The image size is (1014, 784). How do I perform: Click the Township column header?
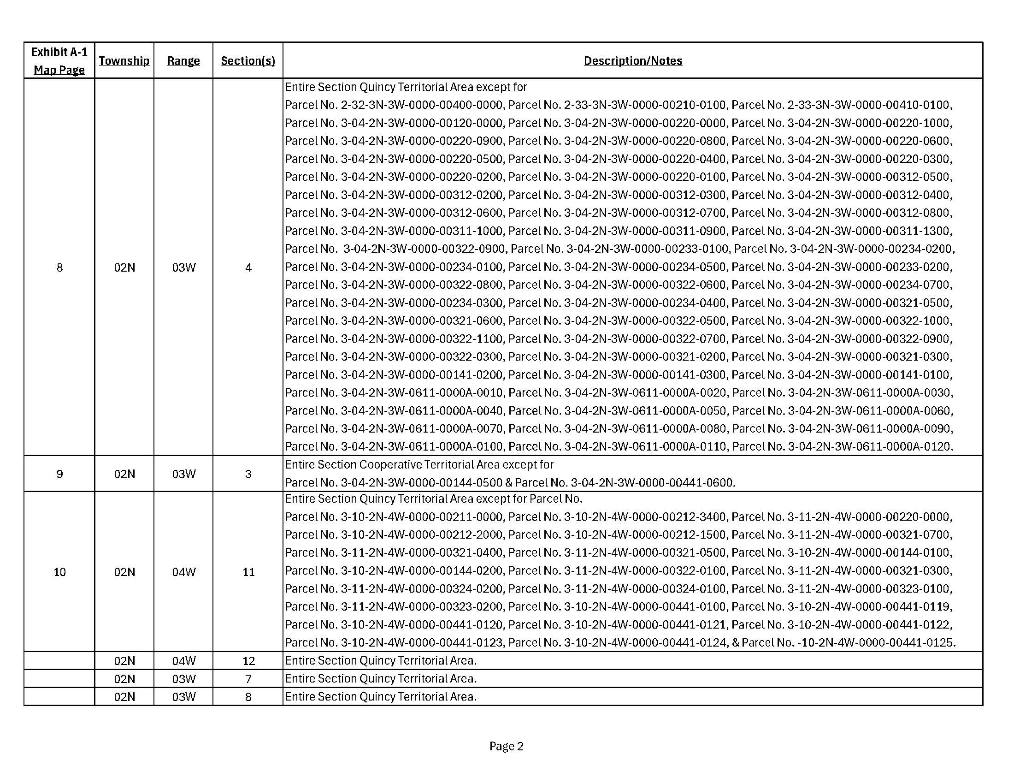tap(124, 61)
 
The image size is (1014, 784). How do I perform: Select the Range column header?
tap(183, 61)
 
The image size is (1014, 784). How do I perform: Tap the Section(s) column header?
tap(248, 61)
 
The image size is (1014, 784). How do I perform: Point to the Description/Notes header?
tap(633, 61)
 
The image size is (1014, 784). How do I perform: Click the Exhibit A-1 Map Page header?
tap(59, 61)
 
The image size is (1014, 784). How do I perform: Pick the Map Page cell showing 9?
tap(59, 474)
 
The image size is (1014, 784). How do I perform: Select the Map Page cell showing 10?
tap(59, 572)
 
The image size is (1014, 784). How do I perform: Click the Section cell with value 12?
tap(248, 661)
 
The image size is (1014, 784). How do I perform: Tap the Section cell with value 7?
tap(248, 679)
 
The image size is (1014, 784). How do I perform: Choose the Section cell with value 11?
tap(248, 572)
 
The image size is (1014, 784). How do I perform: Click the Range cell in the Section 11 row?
tap(184, 572)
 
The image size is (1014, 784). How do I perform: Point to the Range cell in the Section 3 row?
tap(184, 474)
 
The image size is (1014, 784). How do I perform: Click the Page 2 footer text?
tap(506, 746)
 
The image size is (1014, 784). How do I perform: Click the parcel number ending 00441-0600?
tap(652, 483)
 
